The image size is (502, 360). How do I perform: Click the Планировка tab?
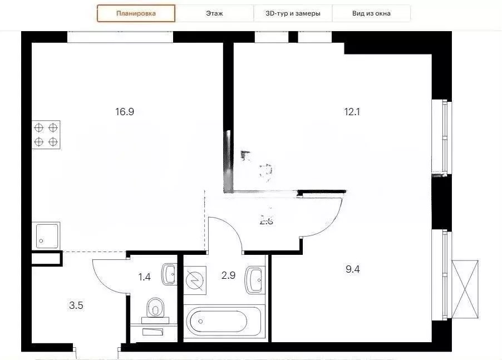[x=136, y=13]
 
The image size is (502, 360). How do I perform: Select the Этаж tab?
[x=214, y=13]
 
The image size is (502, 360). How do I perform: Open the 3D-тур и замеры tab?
[x=293, y=13]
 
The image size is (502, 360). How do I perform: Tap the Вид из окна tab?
[x=371, y=13]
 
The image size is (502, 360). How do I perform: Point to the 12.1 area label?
[x=352, y=111]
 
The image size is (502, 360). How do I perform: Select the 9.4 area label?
[x=353, y=269]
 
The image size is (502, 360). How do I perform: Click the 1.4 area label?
[x=144, y=277]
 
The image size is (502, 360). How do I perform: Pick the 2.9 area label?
[x=229, y=275]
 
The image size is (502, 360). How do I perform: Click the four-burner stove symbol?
[x=46, y=134]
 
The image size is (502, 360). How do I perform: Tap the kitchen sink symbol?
[x=47, y=235]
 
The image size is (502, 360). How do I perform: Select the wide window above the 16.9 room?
[x=120, y=37]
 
